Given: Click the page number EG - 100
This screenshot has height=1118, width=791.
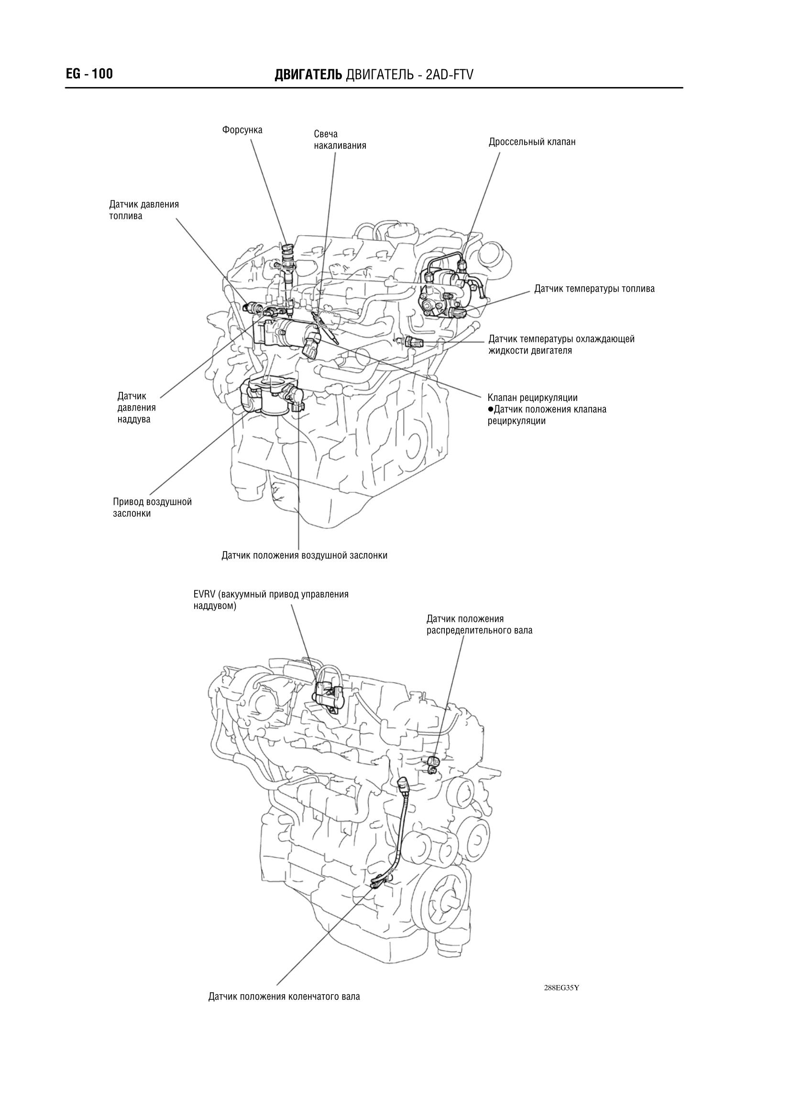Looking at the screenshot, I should [x=89, y=74].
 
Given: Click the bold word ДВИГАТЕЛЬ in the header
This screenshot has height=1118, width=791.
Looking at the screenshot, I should [x=308, y=75].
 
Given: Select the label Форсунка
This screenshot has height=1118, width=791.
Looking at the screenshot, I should [x=242, y=130].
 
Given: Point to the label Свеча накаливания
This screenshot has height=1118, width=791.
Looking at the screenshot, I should [x=340, y=140].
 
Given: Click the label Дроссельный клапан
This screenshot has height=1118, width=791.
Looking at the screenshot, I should [x=532, y=142].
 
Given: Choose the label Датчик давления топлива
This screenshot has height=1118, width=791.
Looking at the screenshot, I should [x=143, y=210].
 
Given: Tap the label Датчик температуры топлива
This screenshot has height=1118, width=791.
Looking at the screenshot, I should [x=594, y=289].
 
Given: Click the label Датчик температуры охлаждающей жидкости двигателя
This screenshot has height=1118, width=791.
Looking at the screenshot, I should [x=561, y=345].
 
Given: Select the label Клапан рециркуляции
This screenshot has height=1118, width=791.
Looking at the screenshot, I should [x=532, y=398].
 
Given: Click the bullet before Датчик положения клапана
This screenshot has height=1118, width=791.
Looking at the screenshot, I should [x=491, y=409].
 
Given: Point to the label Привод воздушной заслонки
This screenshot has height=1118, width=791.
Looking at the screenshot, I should [x=152, y=508].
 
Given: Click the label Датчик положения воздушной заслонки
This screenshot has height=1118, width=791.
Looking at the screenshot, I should [x=305, y=555].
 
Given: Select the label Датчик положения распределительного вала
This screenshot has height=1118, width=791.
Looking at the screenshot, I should [x=479, y=625].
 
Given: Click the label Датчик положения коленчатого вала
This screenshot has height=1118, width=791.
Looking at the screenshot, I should [x=284, y=997].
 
